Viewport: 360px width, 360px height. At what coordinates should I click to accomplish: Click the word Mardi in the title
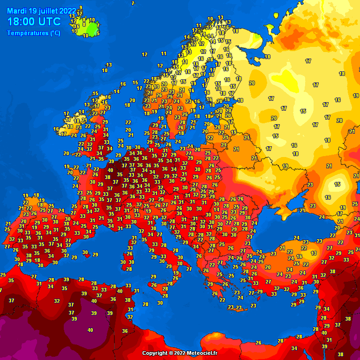tap(17, 10)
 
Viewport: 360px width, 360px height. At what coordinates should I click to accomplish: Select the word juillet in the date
tap(48, 10)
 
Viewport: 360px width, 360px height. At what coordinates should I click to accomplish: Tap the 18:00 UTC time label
tap(34, 22)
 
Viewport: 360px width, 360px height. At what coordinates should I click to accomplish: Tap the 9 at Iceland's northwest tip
tap(81, 7)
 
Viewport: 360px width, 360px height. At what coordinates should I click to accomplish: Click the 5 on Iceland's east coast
tap(97, 33)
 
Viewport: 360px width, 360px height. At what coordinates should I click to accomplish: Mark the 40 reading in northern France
tap(111, 170)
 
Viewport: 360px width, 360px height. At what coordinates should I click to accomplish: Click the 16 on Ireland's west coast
tap(56, 129)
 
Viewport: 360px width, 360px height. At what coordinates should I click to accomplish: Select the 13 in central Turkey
tap(314, 253)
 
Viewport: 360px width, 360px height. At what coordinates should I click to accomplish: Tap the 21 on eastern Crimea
tap(303, 210)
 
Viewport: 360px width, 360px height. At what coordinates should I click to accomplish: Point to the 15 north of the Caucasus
tap(337, 184)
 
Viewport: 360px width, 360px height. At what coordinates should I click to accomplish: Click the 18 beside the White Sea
tap(267, 56)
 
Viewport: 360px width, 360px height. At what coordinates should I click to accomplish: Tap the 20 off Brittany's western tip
tap(66, 153)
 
